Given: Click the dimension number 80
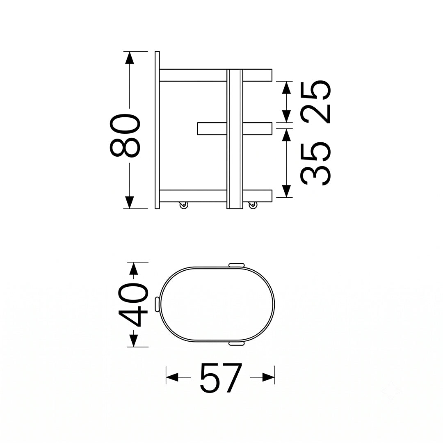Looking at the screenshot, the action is [125, 135].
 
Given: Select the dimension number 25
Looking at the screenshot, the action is [315, 102].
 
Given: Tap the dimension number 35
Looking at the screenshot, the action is [315, 164].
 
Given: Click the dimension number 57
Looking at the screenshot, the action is [221, 378].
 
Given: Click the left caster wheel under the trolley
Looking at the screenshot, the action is [184, 205].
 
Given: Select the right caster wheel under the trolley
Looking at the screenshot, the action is [253, 205].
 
